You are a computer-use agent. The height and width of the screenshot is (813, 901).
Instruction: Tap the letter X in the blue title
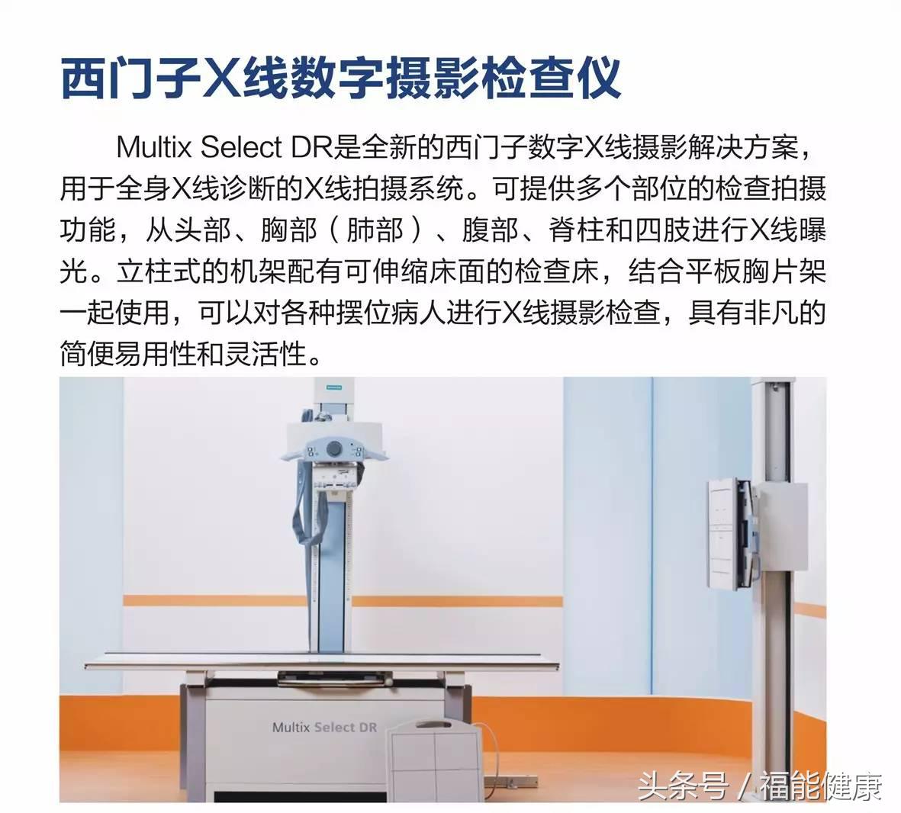pos(218,78)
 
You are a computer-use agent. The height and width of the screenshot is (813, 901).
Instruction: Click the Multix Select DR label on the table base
pos(323,727)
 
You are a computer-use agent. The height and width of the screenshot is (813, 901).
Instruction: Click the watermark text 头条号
pos(682,786)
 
